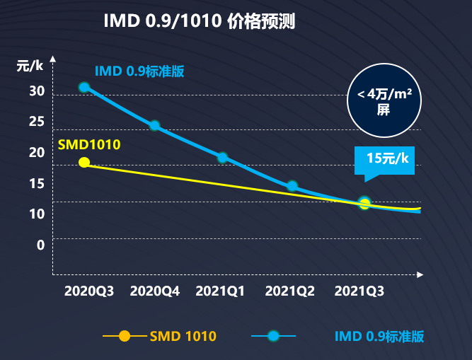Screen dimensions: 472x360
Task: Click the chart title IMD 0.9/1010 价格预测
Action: point(200,21)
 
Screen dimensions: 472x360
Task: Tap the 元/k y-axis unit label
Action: point(30,66)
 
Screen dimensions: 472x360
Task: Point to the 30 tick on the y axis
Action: point(37,91)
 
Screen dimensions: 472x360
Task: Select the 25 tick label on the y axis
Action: point(37,122)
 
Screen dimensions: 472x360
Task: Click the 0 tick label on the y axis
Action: point(40,245)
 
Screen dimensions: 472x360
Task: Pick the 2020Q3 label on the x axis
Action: point(89,291)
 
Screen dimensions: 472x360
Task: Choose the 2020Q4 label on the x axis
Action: point(155,291)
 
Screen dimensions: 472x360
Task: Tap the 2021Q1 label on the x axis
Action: point(220,291)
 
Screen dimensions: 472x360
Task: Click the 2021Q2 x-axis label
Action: point(290,291)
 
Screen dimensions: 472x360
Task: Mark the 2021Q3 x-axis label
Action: point(359,291)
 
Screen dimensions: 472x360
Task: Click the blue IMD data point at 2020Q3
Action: point(84,88)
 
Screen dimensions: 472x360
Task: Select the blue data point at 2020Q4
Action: point(155,125)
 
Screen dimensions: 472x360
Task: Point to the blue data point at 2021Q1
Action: point(223,157)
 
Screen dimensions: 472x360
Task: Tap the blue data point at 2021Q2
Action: point(292,186)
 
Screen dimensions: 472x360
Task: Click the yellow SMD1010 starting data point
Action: point(84,163)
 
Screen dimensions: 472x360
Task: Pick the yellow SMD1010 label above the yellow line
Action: point(89,145)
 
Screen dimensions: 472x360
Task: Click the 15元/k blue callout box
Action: point(384,161)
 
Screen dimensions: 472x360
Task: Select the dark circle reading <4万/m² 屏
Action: point(384,100)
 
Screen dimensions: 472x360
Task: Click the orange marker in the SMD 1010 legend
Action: point(125,336)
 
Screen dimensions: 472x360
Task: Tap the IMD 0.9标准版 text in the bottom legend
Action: point(379,336)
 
